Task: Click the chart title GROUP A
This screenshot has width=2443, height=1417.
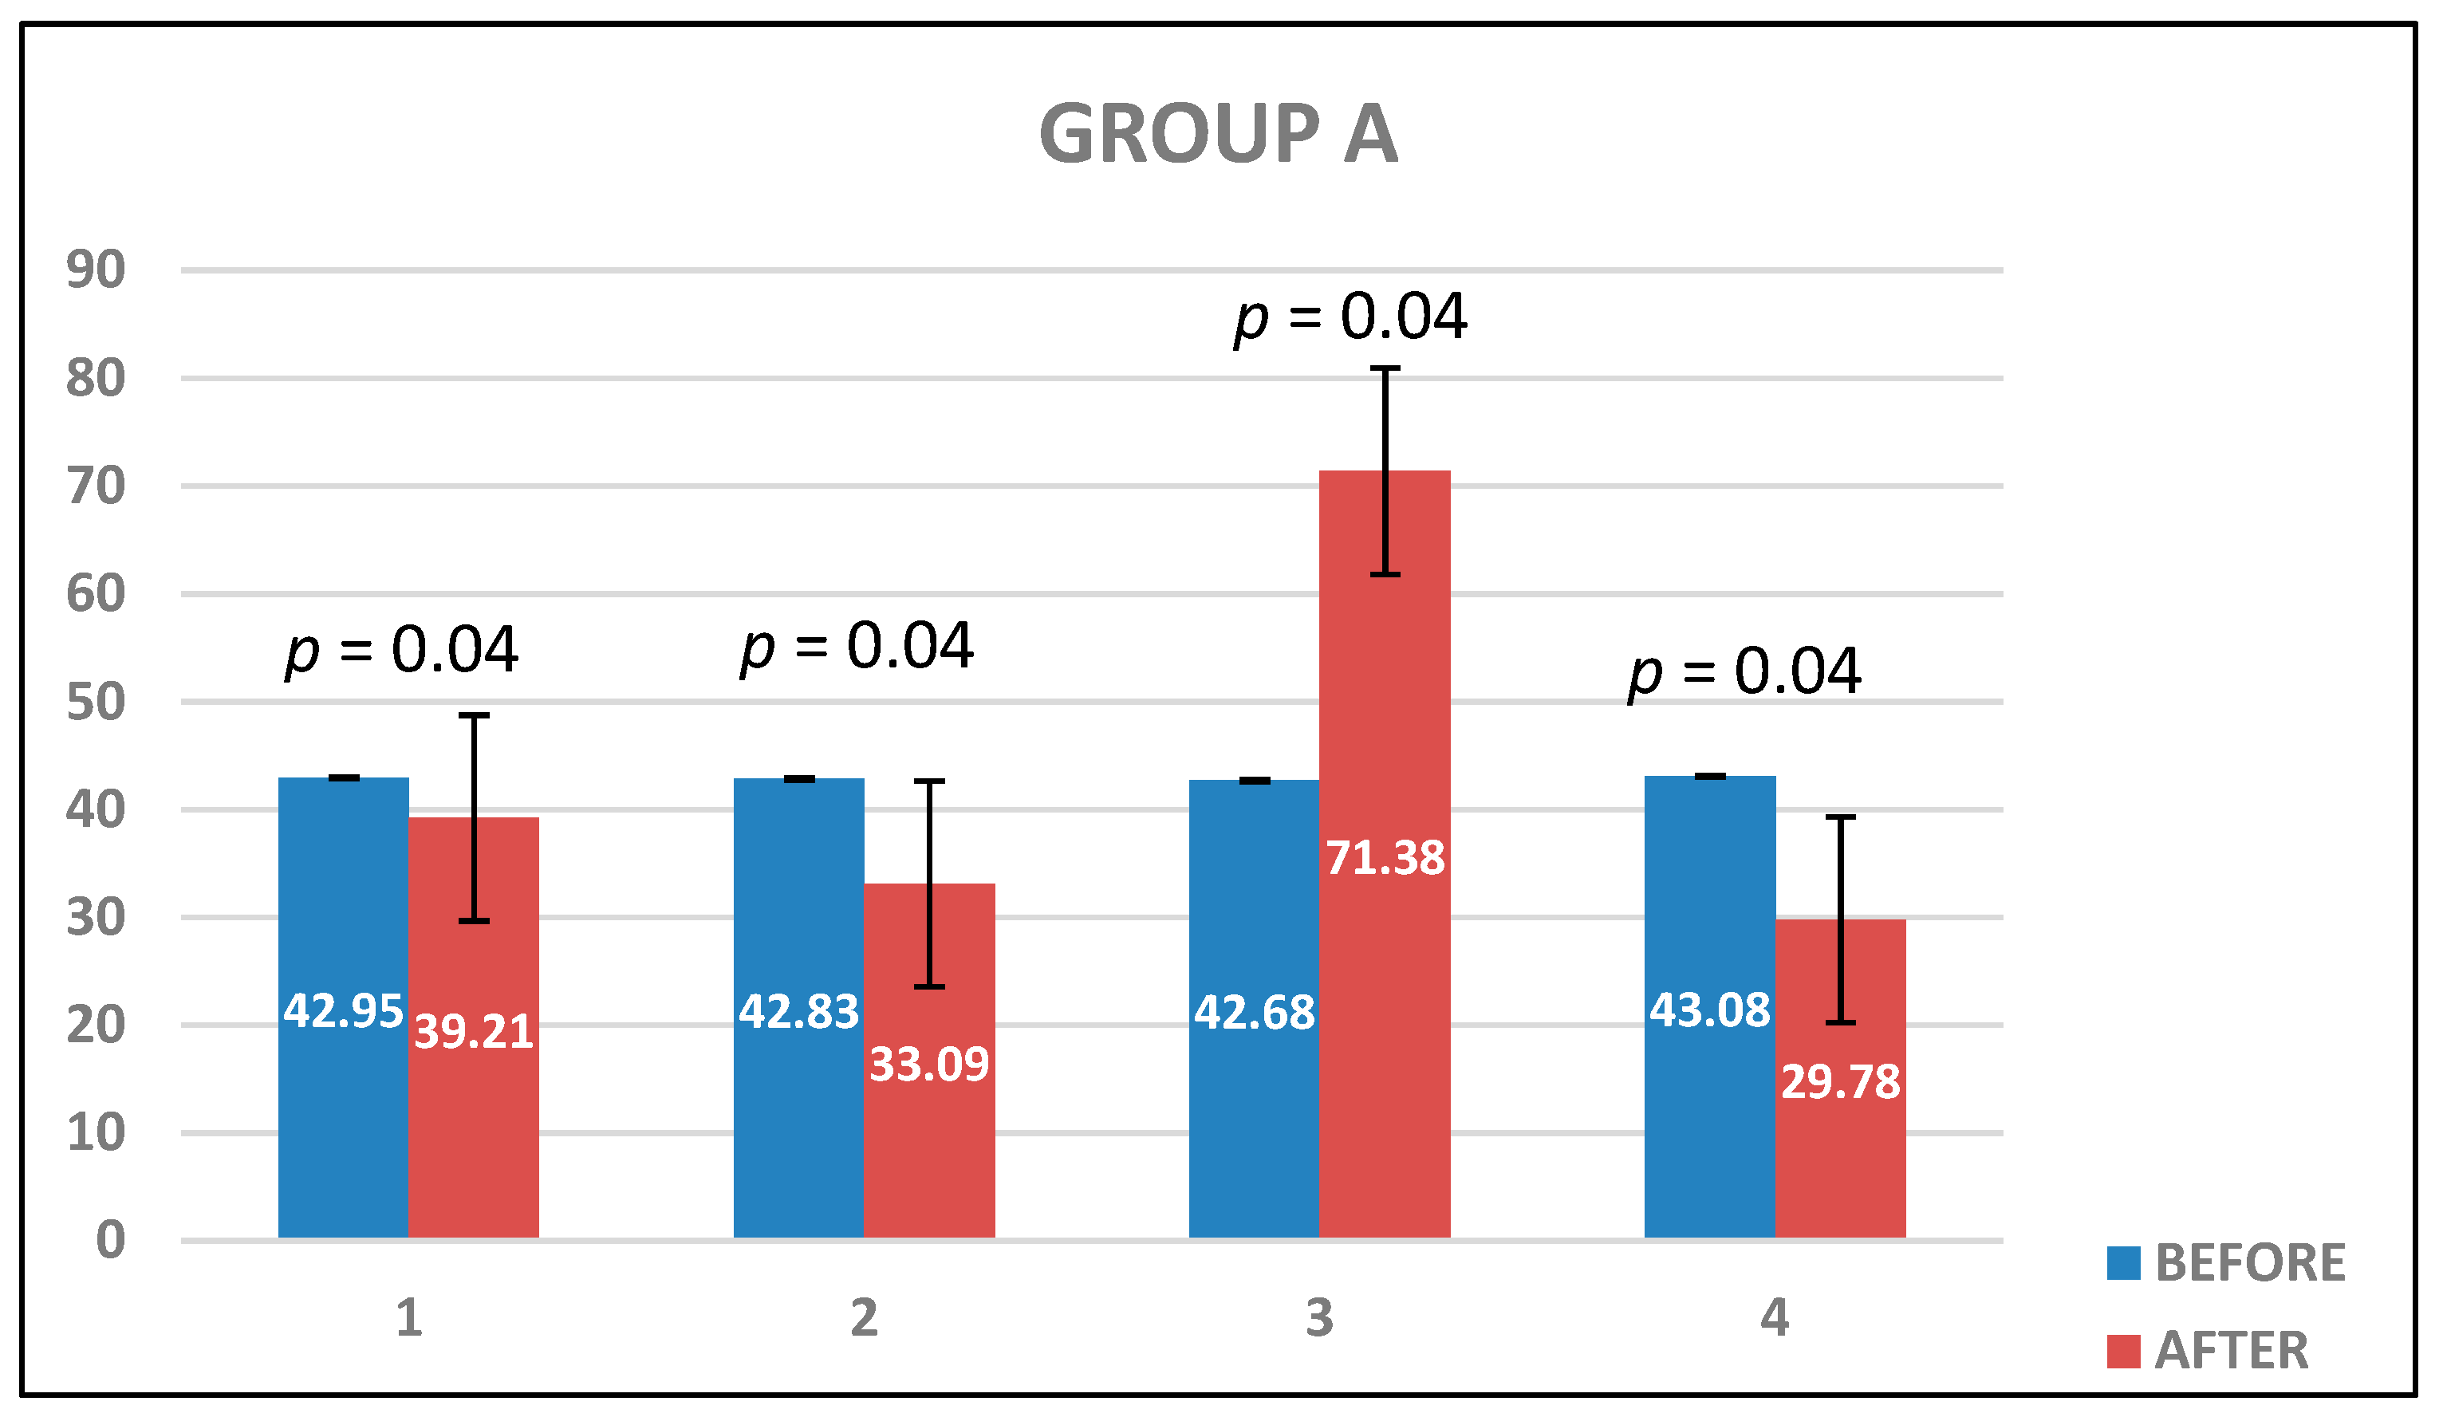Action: [1219, 134]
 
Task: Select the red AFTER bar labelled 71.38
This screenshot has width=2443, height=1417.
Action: [1385, 969]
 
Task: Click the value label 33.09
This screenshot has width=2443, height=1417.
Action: [928, 1065]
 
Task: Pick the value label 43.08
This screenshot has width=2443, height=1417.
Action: [1709, 1011]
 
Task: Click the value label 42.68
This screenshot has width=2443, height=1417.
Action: [1254, 1014]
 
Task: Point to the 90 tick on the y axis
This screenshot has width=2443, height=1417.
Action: [95, 270]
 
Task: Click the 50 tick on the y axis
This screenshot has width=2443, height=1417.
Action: [95, 702]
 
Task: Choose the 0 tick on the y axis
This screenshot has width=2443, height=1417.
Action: [109, 1241]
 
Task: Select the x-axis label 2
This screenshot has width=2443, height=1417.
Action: [864, 1318]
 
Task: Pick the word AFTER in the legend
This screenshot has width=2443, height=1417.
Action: [2232, 1350]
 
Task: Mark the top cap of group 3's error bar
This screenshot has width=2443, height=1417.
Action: [1385, 368]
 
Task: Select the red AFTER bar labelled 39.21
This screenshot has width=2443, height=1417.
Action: [473, 1115]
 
